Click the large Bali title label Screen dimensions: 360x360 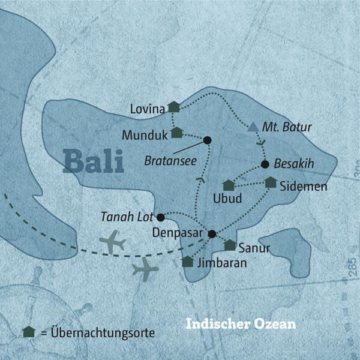pos(93,161)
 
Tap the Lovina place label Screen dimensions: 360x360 pos(146,109)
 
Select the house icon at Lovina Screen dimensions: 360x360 pos(173,107)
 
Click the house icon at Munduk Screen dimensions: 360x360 pos(176,132)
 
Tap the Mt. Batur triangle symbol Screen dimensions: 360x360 pos(253,127)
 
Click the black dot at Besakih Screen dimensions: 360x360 pos(265,164)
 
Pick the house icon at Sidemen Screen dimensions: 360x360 pos(271,182)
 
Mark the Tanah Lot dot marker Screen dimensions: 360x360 pos(160,217)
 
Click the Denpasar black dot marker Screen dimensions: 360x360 pos(212,233)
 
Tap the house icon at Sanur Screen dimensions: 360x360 pos(230,245)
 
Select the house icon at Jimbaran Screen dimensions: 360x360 pos(188,261)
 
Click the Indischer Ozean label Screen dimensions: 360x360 pos(240,323)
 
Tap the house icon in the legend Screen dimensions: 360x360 pos(28,332)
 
